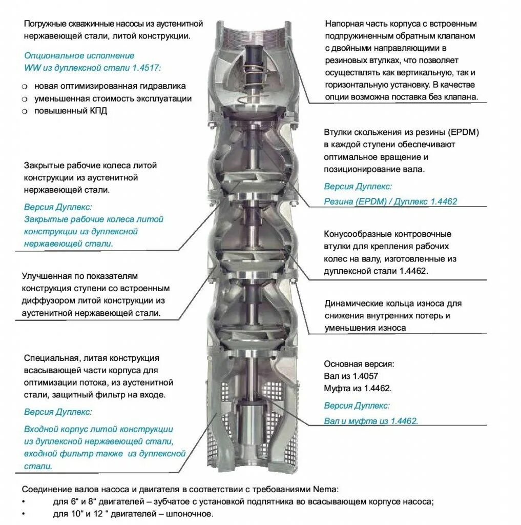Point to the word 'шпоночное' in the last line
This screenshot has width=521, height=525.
click(195, 514)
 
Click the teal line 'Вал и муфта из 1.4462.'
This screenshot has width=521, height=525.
click(371, 421)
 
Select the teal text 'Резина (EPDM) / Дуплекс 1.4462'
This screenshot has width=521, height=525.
click(390, 201)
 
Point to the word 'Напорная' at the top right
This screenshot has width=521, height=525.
click(343, 24)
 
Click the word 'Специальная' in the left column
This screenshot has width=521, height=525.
click(49, 358)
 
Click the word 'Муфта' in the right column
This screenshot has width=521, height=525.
click(336, 388)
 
